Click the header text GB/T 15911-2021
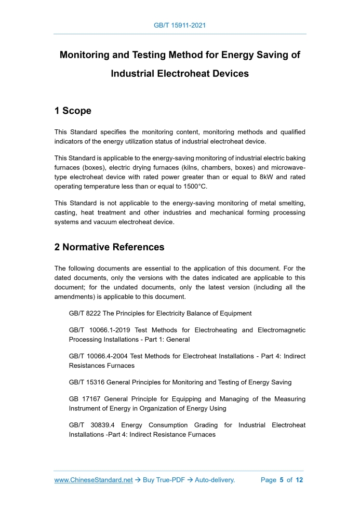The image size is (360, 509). tap(180, 25)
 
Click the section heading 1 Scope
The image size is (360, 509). tap(73, 111)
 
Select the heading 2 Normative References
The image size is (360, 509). tap(109, 247)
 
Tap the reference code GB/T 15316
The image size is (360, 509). tap(88, 382)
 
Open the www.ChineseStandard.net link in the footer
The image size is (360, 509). tap(94, 480)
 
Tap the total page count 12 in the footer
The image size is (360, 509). tap(299, 480)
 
